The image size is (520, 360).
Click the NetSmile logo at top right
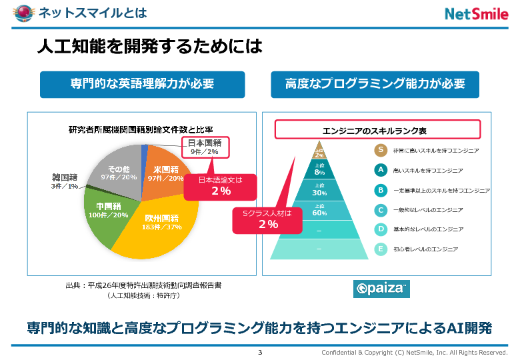(476, 14)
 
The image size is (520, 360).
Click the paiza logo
(381, 288)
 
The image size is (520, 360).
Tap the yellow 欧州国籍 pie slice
(160, 227)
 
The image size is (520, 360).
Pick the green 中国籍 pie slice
(109, 212)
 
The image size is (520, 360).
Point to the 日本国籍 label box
(205, 147)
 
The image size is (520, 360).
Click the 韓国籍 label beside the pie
(65, 181)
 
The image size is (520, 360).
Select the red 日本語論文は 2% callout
(221, 186)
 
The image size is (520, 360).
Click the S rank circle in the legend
(381, 151)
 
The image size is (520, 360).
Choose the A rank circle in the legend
(381, 170)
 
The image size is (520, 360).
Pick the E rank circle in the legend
(381, 249)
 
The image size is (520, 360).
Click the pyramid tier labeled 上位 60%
(319, 211)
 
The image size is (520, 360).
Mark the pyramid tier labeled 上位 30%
(319, 191)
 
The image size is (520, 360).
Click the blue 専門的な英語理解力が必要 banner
(142, 84)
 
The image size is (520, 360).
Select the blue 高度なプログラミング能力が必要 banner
(375, 84)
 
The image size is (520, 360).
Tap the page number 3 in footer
(260, 352)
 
